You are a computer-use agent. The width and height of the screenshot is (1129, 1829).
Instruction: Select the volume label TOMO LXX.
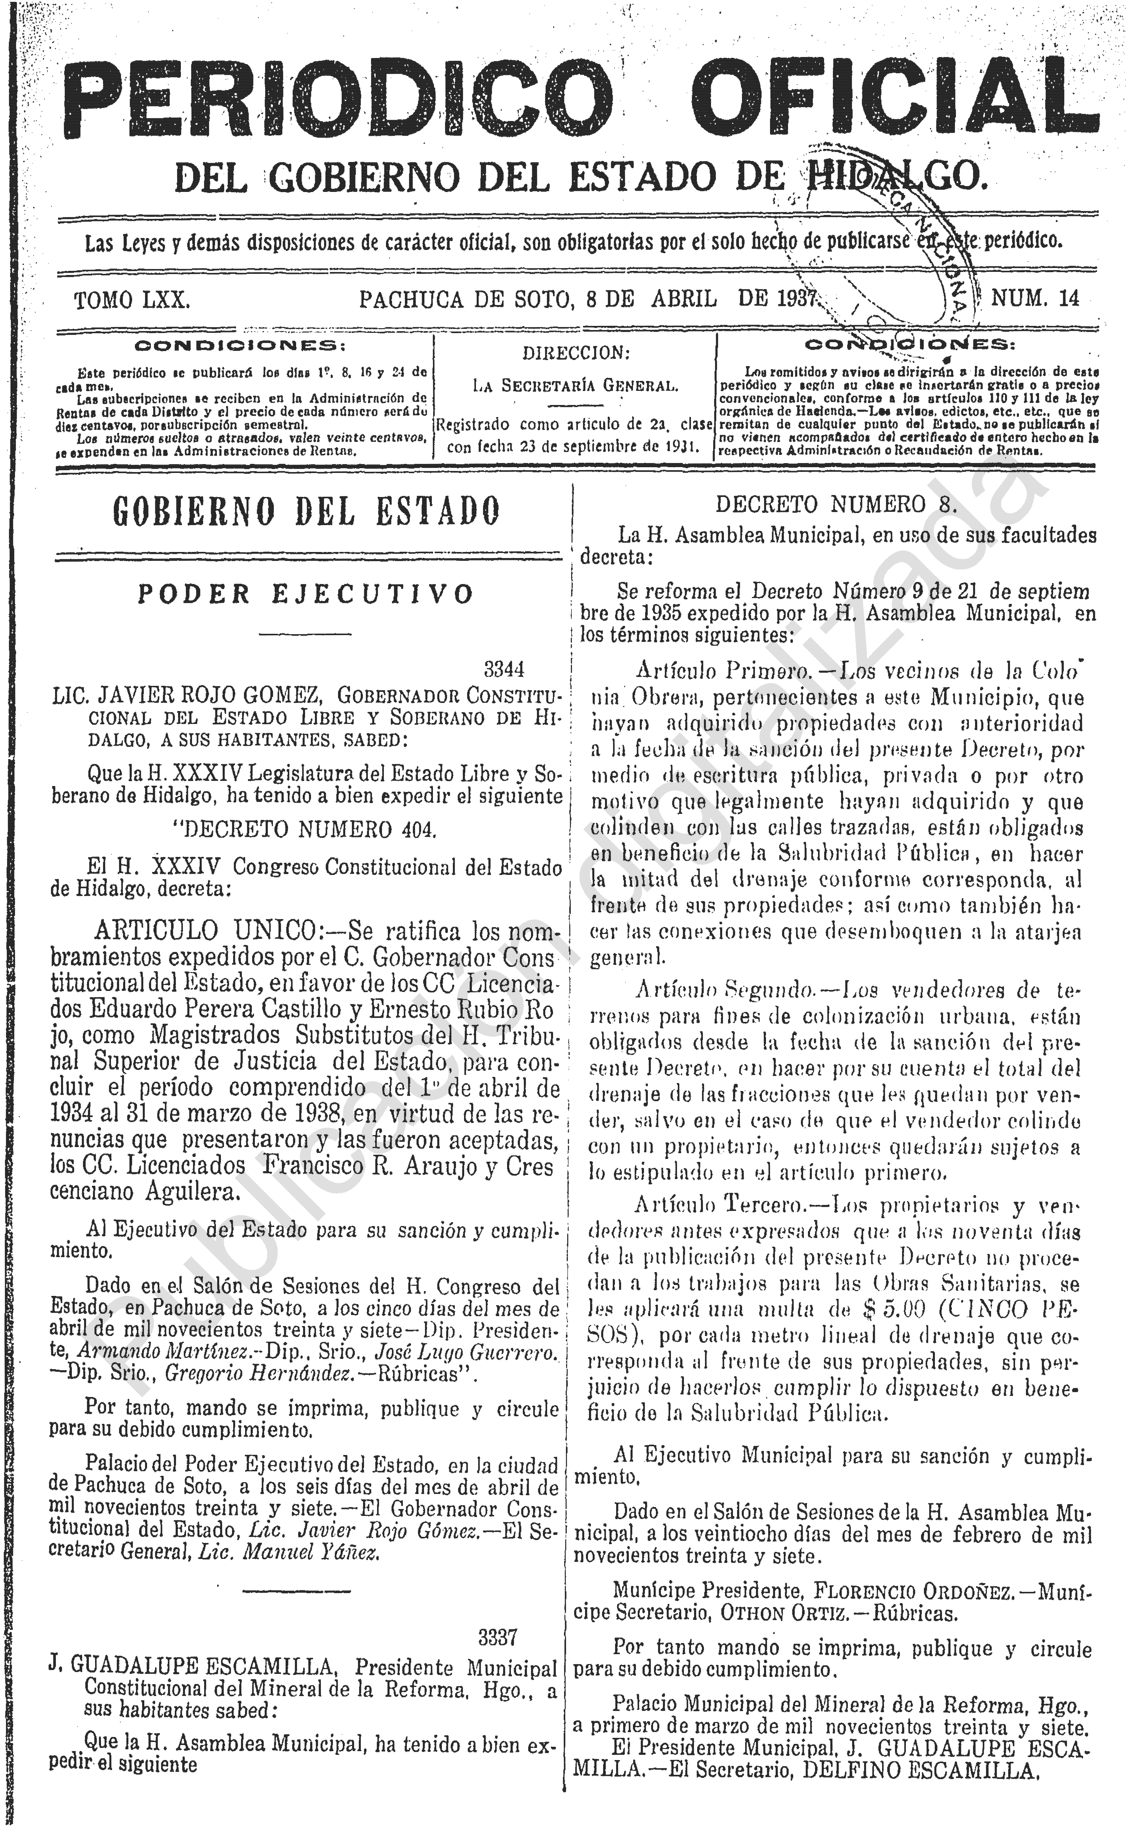coord(132,300)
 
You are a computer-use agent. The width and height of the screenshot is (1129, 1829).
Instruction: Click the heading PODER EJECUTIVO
coord(306,594)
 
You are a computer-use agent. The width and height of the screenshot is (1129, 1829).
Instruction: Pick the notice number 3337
coord(498,1638)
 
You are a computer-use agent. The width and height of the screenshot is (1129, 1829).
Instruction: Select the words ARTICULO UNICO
coord(205,931)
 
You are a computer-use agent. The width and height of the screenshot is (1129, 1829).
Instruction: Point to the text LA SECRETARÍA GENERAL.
coord(576,386)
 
